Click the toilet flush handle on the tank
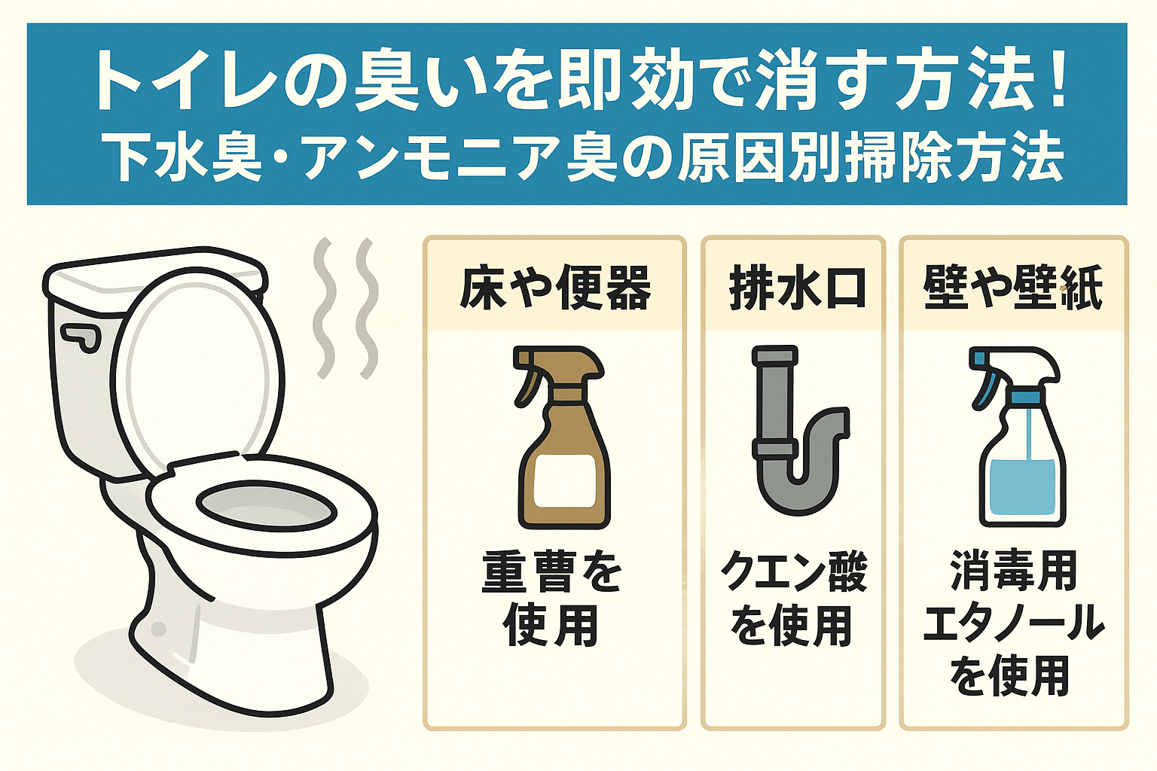pyautogui.click(x=81, y=337)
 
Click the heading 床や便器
pyautogui.click(x=555, y=288)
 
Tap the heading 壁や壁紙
pyautogui.click(x=1013, y=288)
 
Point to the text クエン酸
pyautogui.click(x=794, y=572)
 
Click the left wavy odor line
pyautogui.click(x=324, y=309)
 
